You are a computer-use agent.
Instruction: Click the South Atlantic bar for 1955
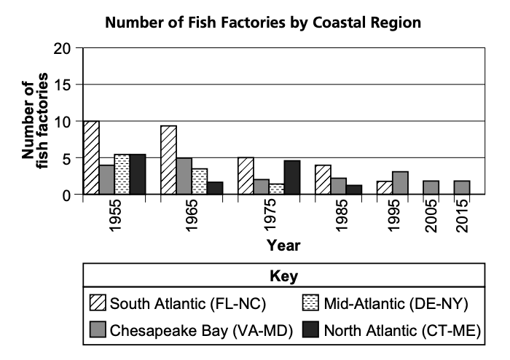[x=92, y=158]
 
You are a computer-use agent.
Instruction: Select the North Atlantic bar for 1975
[x=291, y=177]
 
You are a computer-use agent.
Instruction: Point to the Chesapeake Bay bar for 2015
[x=460, y=187]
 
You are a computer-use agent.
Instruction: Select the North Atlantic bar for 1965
[x=215, y=188]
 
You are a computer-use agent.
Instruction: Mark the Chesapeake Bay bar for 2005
[x=430, y=187]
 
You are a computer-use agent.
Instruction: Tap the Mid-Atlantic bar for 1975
[x=276, y=189]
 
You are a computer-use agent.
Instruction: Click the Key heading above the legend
[x=284, y=276]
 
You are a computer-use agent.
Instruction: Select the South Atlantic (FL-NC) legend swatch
[x=97, y=302]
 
